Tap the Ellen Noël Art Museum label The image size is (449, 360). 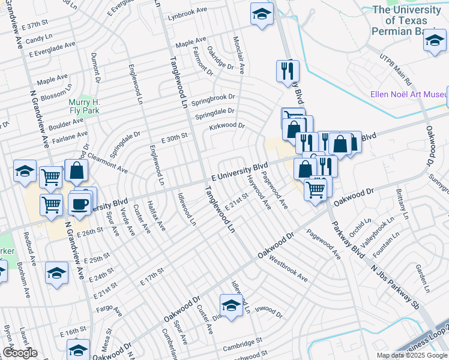coord(408,94)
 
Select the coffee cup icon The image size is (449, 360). coord(80,203)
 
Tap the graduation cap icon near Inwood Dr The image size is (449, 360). coord(231,305)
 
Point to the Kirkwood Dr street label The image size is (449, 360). coord(227,126)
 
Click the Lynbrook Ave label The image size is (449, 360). coord(187,16)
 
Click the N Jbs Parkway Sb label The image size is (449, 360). coord(394,287)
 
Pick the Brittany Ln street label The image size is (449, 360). coord(401,204)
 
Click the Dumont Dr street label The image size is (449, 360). coord(95,65)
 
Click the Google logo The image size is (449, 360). coord(20,353)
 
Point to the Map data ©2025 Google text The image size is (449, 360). coord(411,355)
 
